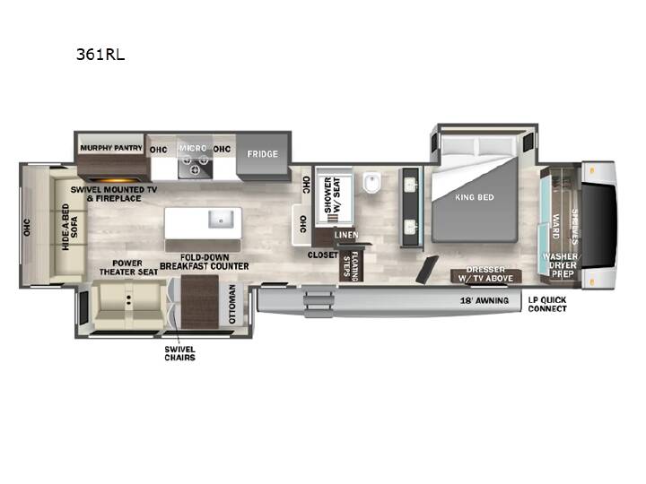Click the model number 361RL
pos(100,55)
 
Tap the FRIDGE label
pos(262,154)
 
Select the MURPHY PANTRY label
pos(111,148)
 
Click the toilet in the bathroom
pos(372,182)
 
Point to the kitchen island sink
pos(221,219)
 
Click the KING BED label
pos(475,197)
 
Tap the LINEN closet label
pos(346,235)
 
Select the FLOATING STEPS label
pos(351,266)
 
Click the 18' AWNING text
pos(484,301)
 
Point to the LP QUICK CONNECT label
pos(547,304)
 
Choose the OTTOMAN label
pos(232,304)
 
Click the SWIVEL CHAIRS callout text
pos(180,353)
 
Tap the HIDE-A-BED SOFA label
pos(70,227)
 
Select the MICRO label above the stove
pos(193,148)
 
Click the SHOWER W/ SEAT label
pos(332,194)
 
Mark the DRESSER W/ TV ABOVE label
pos(485,274)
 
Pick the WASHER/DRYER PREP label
pos(562,265)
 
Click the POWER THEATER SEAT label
pos(128,267)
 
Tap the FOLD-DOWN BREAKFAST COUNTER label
pos(205,262)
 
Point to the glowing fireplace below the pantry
pos(115,180)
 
